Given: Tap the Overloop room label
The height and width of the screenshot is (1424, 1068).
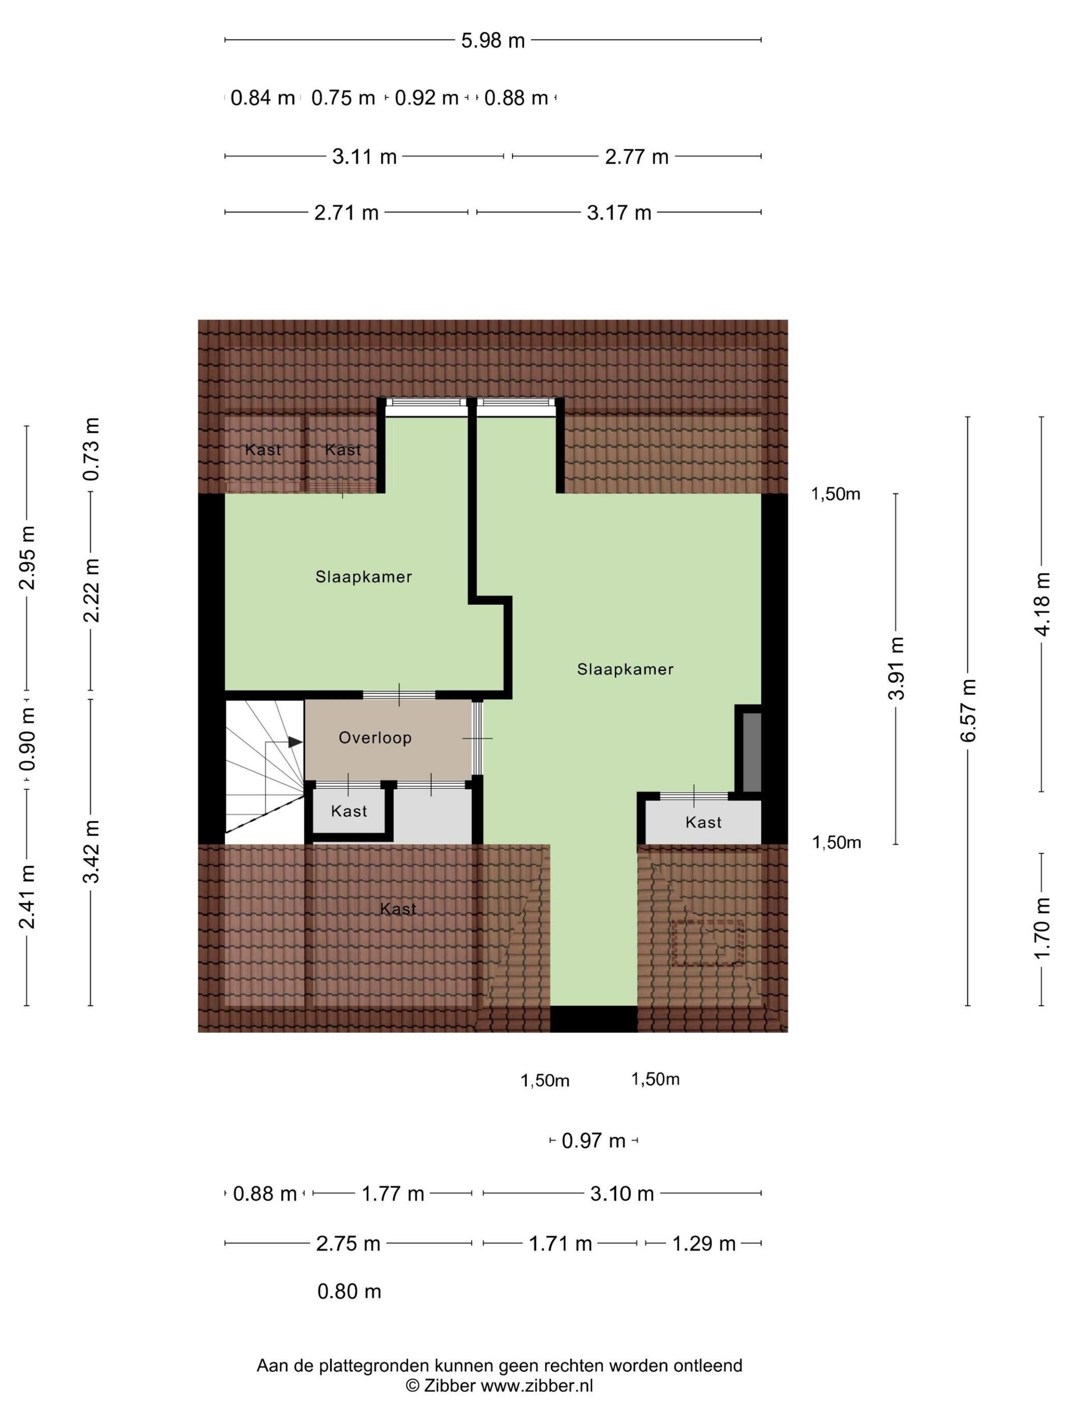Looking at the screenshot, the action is click(375, 738).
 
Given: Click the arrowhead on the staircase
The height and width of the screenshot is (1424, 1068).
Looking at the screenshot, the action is click(295, 742).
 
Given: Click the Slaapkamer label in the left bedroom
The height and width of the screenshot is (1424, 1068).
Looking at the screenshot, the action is click(364, 577).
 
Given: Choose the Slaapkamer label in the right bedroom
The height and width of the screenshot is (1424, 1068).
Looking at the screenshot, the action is click(625, 669).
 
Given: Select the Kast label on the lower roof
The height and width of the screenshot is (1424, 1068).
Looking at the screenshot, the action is click(398, 909).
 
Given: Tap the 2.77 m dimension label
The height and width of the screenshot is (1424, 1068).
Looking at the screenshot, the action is click(637, 157).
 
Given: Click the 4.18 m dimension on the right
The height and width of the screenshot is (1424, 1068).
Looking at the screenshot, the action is click(1042, 604).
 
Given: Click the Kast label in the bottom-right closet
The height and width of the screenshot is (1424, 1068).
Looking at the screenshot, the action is click(704, 822).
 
